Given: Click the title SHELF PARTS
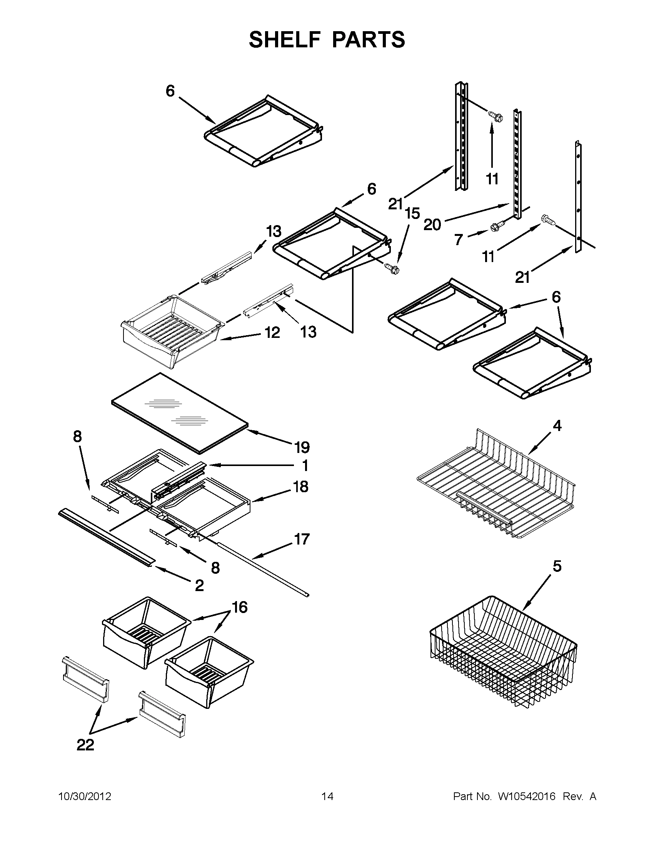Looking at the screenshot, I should point(327,40).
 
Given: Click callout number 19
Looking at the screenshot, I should point(302,448).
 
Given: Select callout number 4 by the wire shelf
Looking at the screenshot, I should point(557,426).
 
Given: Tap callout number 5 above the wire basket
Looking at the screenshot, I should point(557,566).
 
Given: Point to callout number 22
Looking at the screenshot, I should point(85,745).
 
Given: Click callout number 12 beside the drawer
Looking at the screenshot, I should point(272,332).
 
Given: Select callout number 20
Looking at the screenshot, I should point(432,225).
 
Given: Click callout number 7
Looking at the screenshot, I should point(459,240).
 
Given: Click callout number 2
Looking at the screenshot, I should point(199,586).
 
